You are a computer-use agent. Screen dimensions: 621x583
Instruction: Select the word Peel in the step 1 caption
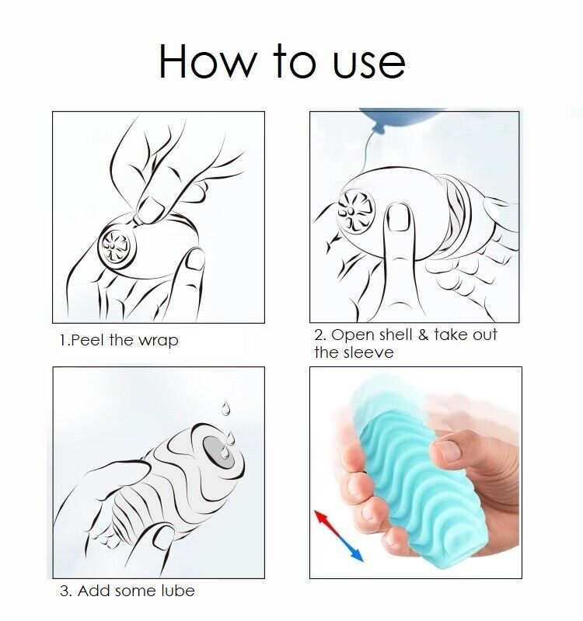tap(88, 341)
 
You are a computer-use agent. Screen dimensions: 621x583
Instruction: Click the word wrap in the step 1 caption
tap(158, 342)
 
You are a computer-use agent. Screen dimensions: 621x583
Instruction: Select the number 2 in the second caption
tap(319, 335)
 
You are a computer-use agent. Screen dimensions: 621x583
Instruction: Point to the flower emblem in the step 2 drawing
tap(356, 210)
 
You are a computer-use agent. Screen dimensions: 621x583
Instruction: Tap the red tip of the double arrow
tap(319, 515)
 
